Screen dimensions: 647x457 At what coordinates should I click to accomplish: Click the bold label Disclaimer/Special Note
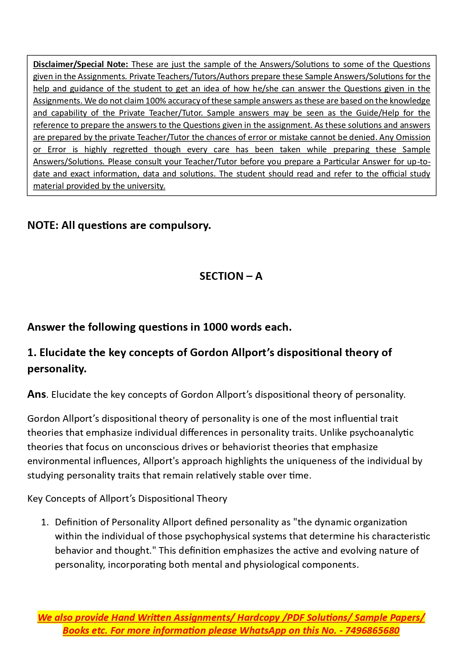(x=80, y=64)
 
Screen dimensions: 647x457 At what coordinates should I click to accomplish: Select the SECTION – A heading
(x=231, y=276)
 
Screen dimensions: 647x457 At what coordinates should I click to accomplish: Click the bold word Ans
(x=36, y=394)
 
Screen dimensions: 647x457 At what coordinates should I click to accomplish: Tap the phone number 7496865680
(x=372, y=630)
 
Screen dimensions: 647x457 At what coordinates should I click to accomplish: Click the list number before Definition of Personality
(x=45, y=522)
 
